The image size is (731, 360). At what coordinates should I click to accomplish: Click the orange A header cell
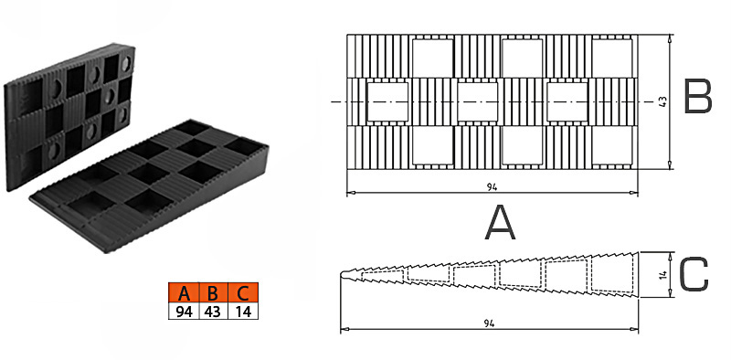pyautogui.click(x=185, y=293)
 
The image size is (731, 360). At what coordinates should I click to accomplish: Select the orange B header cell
pyautogui.click(x=214, y=293)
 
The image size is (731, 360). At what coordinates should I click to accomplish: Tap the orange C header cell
pyautogui.click(x=243, y=293)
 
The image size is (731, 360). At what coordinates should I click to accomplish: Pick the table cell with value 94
pyautogui.click(x=185, y=312)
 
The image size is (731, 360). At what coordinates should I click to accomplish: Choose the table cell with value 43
pyautogui.click(x=214, y=312)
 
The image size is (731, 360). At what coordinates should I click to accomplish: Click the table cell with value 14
pyautogui.click(x=243, y=312)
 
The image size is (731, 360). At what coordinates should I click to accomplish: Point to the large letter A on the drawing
pyautogui.click(x=500, y=223)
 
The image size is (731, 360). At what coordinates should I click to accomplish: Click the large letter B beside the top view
pyautogui.click(x=697, y=97)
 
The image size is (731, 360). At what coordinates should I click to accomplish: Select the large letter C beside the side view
pyautogui.click(x=694, y=275)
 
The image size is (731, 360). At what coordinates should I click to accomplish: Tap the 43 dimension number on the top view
pyautogui.click(x=663, y=101)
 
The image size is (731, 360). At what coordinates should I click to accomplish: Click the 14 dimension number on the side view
pyautogui.click(x=663, y=275)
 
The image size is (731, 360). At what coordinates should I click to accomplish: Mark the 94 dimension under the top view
pyautogui.click(x=493, y=187)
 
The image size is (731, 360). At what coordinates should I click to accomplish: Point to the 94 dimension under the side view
pyautogui.click(x=489, y=323)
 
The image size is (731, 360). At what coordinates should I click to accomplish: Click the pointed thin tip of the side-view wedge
pyautogui.click(x=341, y=275)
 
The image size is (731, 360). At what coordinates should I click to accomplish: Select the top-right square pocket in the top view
pyautogui.click(x=612, y=57)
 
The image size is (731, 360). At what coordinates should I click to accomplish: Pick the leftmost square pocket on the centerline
pyautogui.click(x=387, y=101)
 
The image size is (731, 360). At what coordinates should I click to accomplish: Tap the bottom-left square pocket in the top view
pyautogui.click(x=432, y=145)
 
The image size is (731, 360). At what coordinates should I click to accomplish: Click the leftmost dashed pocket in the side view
pyautogui.click(x=382, y=276)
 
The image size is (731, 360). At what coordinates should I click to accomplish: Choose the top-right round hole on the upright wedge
pyautogui.click(x=126, y=64)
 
